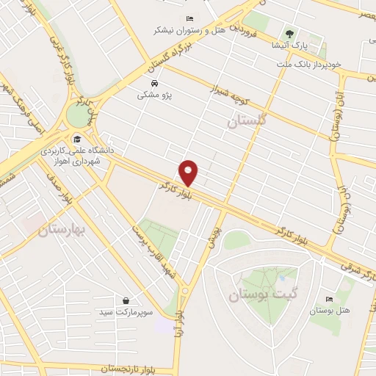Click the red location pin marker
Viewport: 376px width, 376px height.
(x=189, y=172)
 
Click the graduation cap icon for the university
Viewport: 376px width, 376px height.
(x=76, y=139)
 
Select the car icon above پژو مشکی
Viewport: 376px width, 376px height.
(x=154, y=83)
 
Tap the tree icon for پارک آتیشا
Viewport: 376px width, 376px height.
(x=289, y=34)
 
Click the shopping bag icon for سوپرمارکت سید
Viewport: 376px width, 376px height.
(x=126, y=300)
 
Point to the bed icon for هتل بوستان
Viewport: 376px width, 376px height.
(x=329, y=300)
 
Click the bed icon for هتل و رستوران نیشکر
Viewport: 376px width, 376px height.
(x=190, y=18)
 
